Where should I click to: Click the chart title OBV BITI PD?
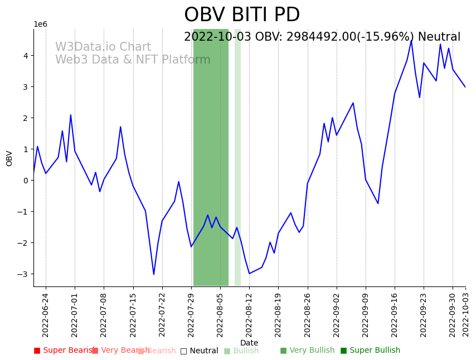click(242, 15)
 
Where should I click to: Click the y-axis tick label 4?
click(26, 56)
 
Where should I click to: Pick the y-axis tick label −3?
click(23, 274)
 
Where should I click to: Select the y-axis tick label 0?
click(26, 181)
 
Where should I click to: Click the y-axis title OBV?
click(9, 158)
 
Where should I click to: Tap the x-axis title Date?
click(249, 343)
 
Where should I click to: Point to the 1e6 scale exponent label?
click(41, 24)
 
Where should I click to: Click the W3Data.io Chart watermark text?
click(103, 47)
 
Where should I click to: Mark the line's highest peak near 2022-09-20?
click(411, 40)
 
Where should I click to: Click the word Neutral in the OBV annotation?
click(439, 37)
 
